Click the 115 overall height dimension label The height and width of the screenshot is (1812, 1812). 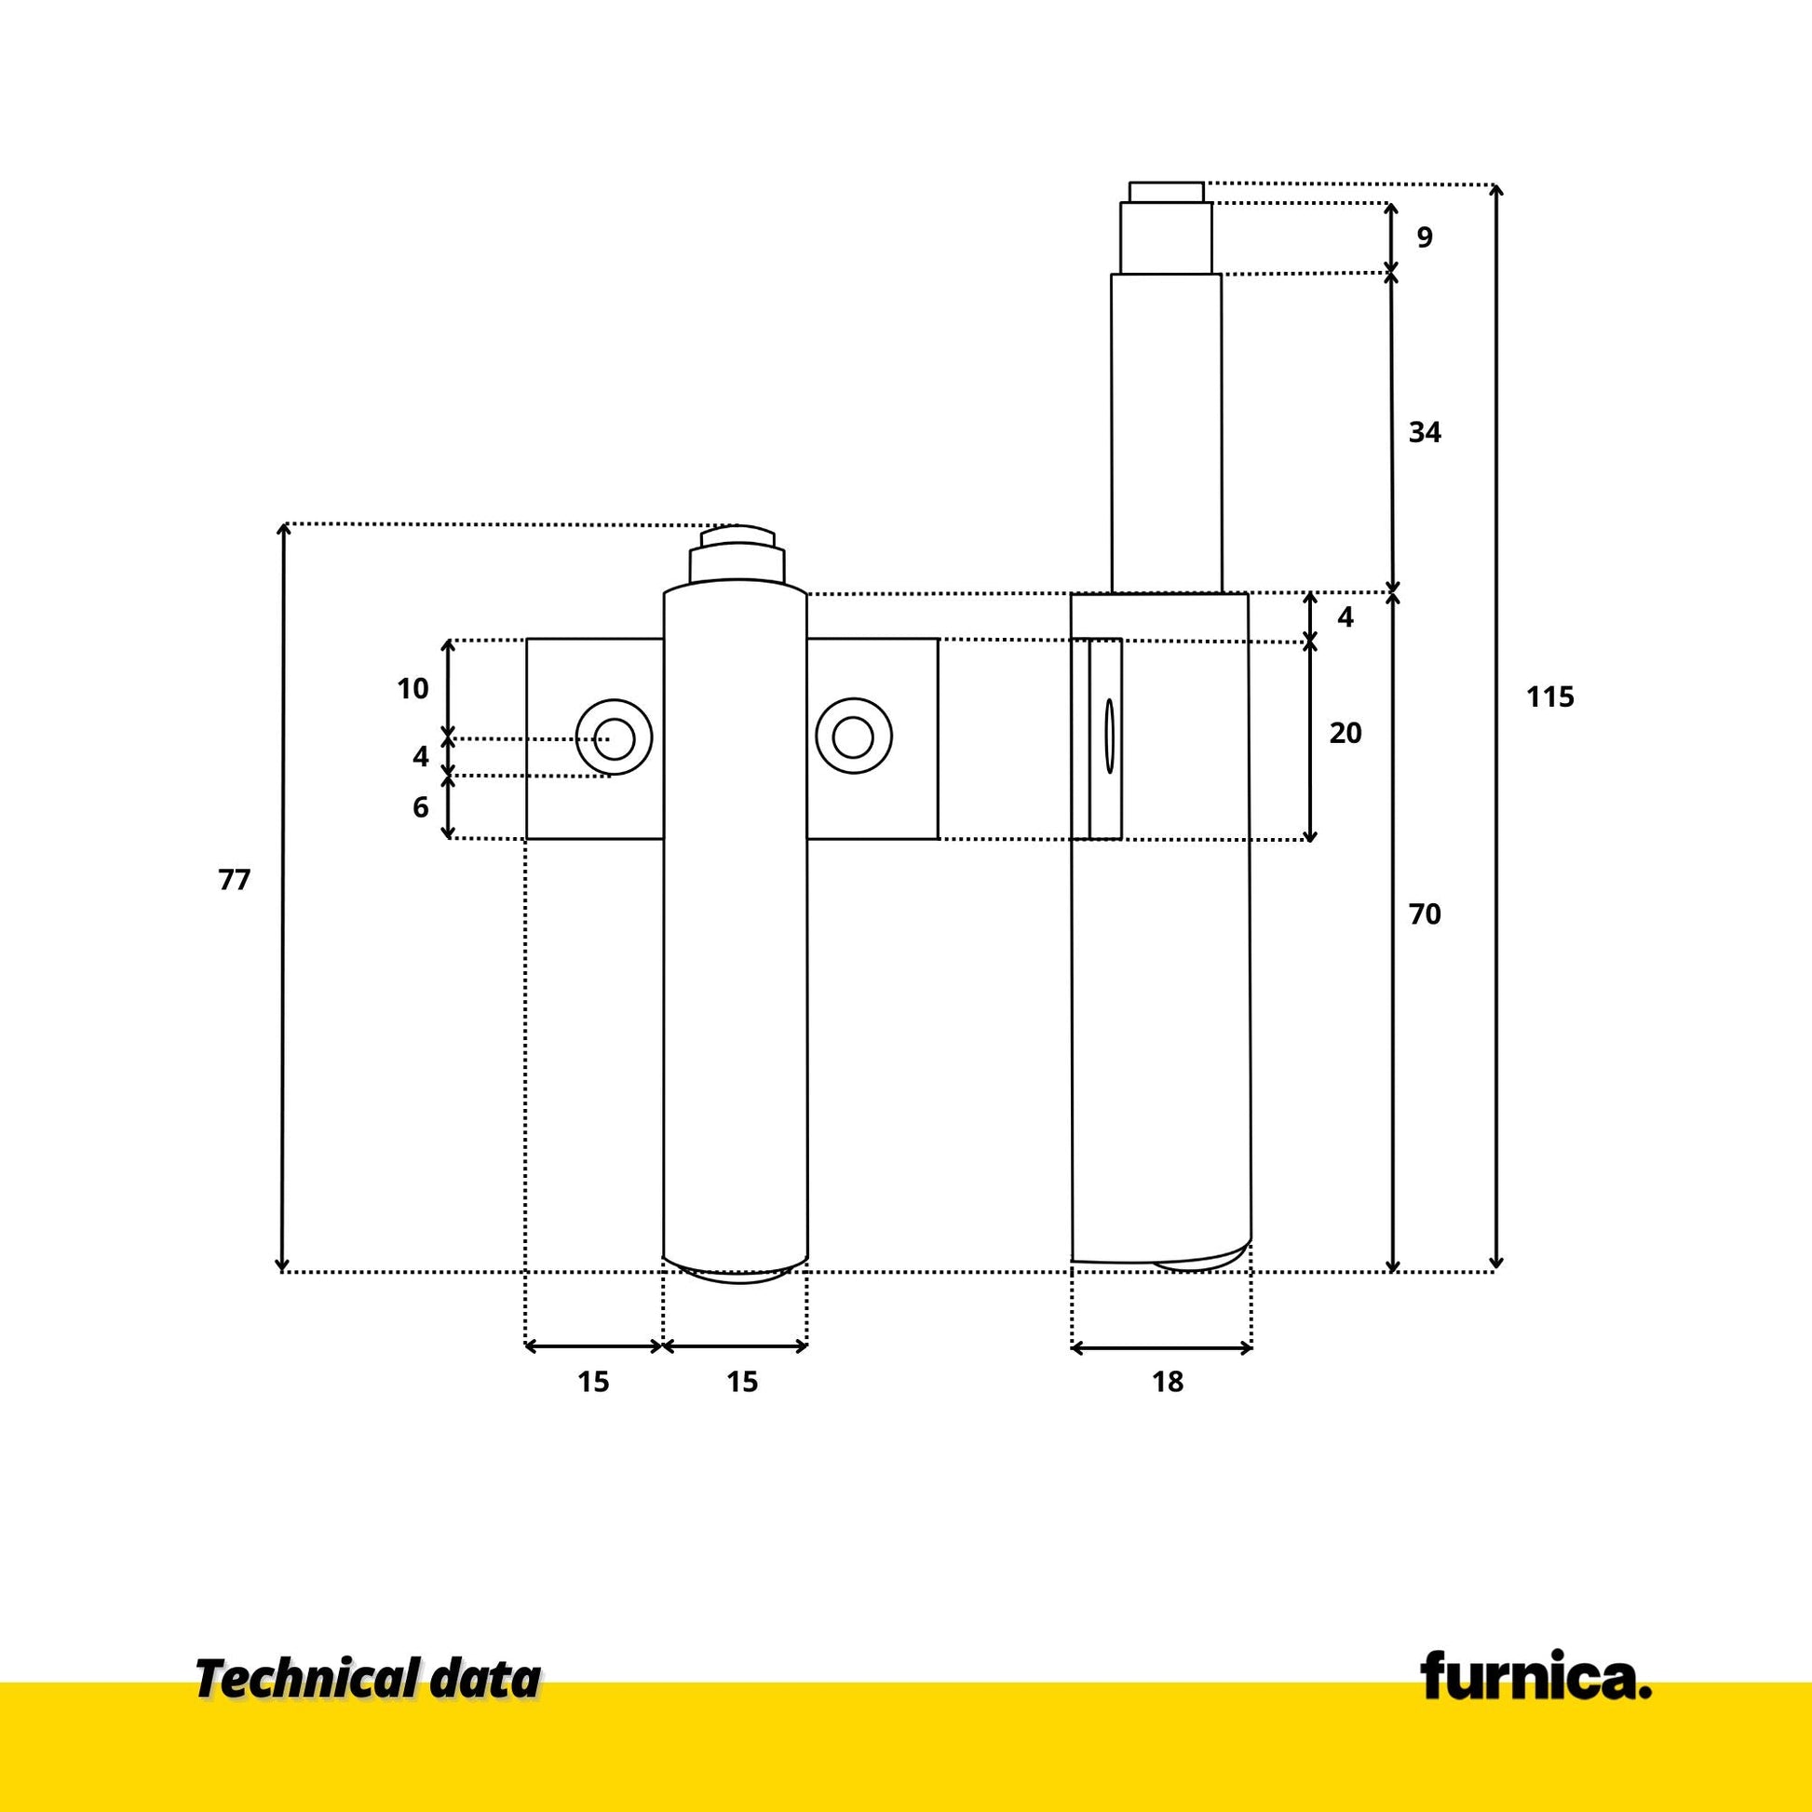click(1549, 696)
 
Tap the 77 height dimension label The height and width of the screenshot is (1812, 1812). click(235, 880)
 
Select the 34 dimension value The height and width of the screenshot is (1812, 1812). click(1425, 432)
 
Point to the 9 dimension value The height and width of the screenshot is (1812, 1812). click(1425, 237)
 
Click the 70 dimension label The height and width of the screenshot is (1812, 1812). click(1425, 913)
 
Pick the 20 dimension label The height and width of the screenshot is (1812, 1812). click(1345, 733)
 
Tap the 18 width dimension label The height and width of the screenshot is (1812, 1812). click(1168, 1382)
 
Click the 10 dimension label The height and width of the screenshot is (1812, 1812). click(412, 688)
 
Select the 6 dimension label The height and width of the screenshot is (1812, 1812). click(420, 806)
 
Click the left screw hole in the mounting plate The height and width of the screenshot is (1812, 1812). click(615, 737)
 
